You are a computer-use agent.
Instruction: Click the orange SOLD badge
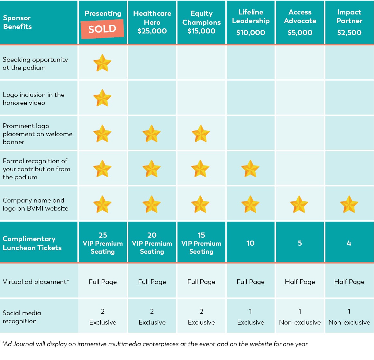tap(102, 29)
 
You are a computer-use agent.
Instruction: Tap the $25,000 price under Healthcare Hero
tap(152, 31)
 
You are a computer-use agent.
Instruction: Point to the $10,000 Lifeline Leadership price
tap(251, 33)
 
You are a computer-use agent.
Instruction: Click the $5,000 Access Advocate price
tap(300, 33)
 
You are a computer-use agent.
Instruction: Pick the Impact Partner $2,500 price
tap(349, 33)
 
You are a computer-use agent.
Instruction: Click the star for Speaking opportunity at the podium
tap(102, 63)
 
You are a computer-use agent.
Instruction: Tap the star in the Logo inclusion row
tap(102, 98)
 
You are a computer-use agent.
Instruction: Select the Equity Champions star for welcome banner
tap(201, 134)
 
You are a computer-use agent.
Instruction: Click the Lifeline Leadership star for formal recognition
tap(250, 169)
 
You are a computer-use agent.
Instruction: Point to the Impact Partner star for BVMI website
tap(349, 204)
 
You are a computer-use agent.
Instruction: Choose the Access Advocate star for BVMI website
tap(299, 204)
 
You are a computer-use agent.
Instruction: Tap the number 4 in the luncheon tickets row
tap(349, 243)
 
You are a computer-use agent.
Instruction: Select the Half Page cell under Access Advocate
tap(300, 282)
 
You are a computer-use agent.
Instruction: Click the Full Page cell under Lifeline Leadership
tap(251, 282)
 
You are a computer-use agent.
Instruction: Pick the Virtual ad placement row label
tap(36, 282)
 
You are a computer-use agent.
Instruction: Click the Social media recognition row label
tap(22, 317)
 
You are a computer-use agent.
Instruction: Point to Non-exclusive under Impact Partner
tap(349, 323)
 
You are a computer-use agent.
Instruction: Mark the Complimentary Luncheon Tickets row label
tap(32, 243)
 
